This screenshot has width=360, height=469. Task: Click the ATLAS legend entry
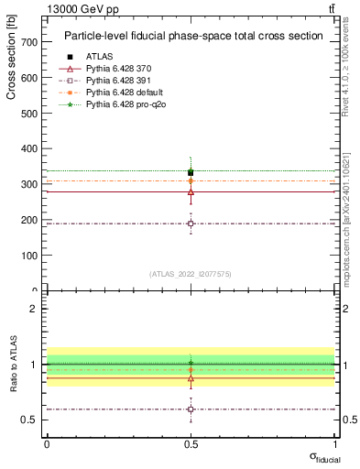(99, 57)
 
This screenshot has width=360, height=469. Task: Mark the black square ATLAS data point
(191, 172)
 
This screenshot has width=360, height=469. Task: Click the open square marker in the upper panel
(191, 224)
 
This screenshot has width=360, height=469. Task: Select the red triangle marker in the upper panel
(191, 191)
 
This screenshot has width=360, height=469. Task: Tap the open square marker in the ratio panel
(191, 409)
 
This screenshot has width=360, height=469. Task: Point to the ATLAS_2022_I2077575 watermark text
(191, 273)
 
